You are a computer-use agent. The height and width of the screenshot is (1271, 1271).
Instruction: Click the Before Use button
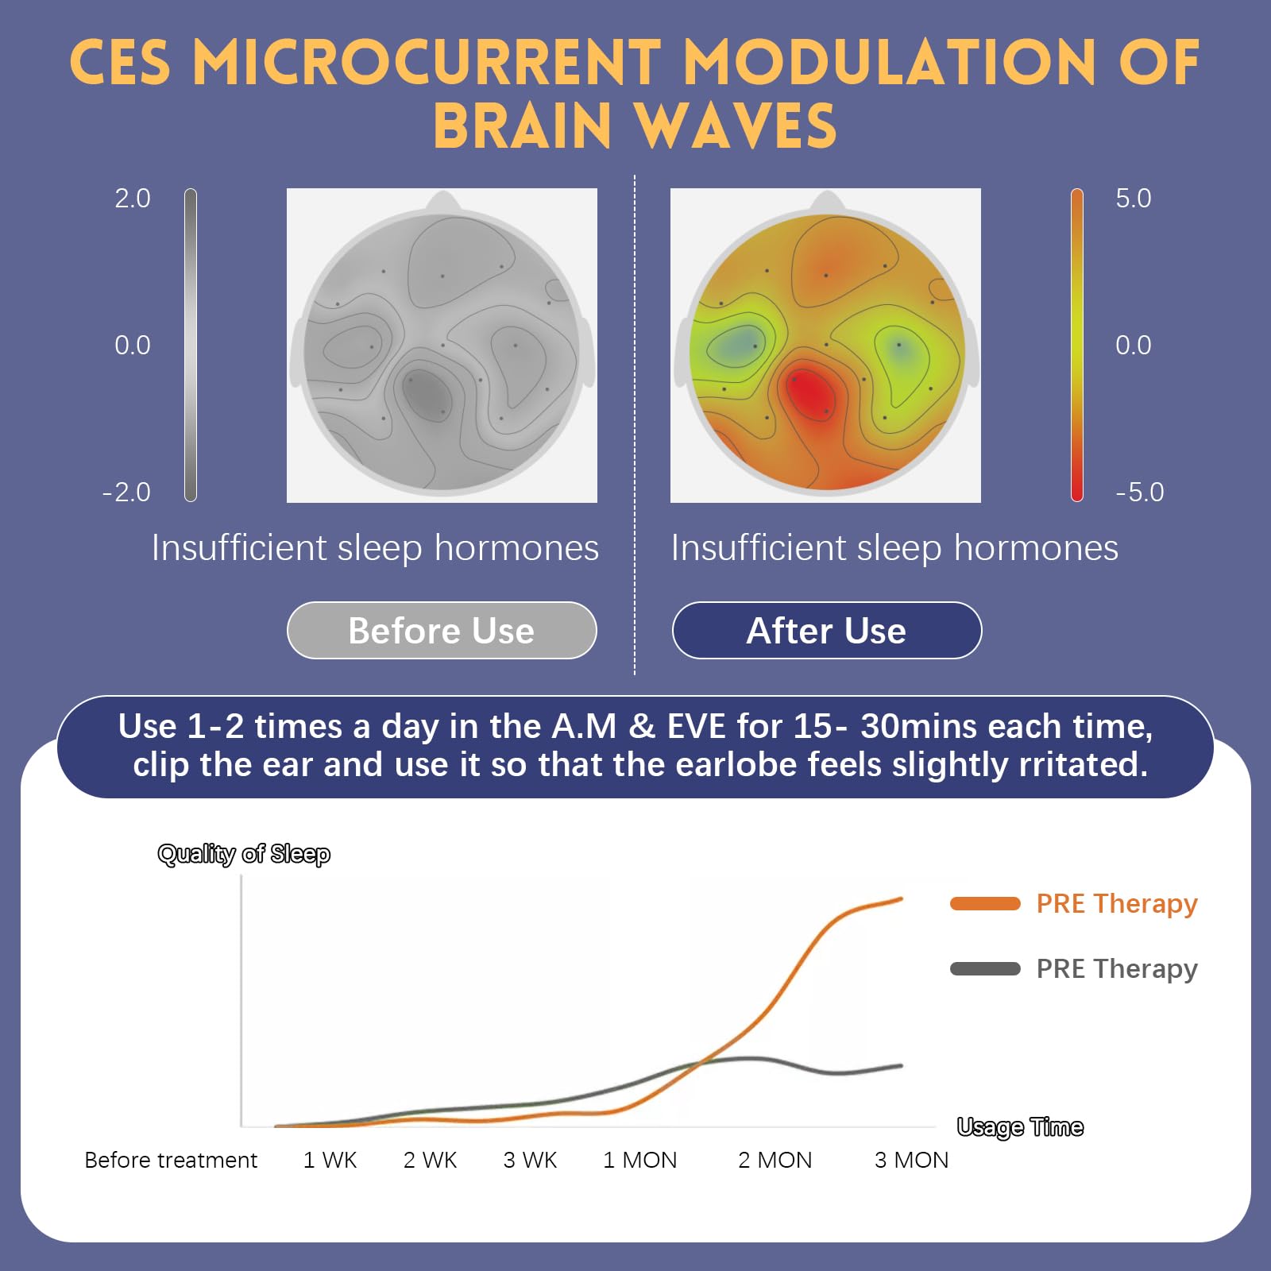click(x=442, y=631)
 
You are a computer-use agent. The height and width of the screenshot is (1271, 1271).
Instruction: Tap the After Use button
click(x=826, y=631)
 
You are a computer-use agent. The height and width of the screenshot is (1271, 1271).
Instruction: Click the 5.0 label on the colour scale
click(x=1133, y=199)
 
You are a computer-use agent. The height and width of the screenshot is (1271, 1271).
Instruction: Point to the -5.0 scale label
click(x=1139, y=493)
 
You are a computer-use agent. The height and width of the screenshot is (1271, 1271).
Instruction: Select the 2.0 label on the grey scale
click(x=132, y=199)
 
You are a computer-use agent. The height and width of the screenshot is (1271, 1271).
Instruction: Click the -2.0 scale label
click(x=126, y=493)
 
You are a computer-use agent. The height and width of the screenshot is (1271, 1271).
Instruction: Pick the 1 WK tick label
click(x=330, y=1161)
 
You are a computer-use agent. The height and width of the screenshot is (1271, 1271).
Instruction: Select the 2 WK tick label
click(x=430, y=1161)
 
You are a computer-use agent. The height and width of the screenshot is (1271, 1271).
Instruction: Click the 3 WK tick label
click(x=530, y=1161)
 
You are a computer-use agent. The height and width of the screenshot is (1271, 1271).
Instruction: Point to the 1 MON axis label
click(x=639, y=1161)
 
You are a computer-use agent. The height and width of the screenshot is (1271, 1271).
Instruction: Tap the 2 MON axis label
click(x=775, y=1161)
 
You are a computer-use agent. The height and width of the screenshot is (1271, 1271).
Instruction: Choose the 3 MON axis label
click(x=911, y=1161)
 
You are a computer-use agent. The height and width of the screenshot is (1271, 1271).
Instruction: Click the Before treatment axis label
click(x=171, y=1161)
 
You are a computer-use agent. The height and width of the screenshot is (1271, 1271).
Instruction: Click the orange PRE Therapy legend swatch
click(x=985, y=904)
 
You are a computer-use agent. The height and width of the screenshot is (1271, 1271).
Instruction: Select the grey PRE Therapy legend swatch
click(x=985, y=969)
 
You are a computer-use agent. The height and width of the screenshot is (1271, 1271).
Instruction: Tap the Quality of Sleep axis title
click(x=244, y=854)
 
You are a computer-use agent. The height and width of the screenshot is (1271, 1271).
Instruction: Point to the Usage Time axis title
click(x=1020, y=1127)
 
